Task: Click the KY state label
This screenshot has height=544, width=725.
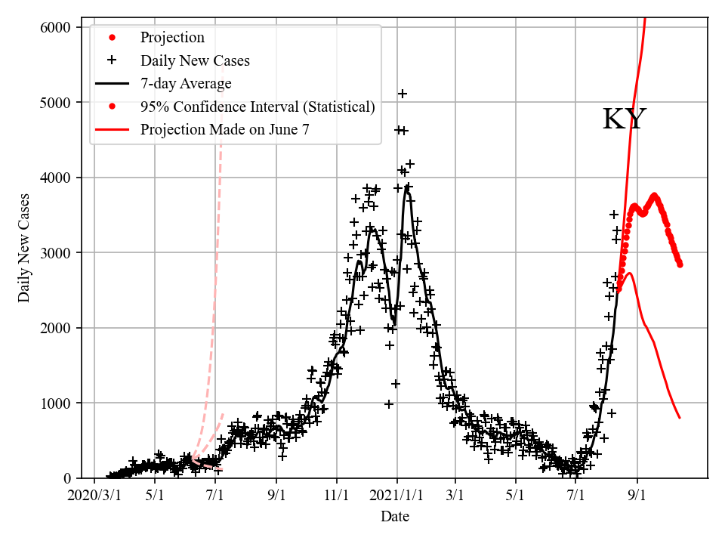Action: pyautogui.click(x=625, y=119)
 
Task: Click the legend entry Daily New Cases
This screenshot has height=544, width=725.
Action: pyautogui.click(x=195, y=60)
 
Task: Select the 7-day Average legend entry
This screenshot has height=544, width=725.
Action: pyautogui.click(x=186, y=83)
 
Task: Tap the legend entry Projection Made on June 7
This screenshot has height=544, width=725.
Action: pyautogui.click(x=224, y=129)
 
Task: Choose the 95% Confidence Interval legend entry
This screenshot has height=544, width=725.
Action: pyautogui.click(x=258, y=107)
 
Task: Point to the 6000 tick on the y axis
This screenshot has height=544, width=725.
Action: pyautogui.click(x=56, y=27)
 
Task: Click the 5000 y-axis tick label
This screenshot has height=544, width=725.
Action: pyautogui.click(x=56, y=102)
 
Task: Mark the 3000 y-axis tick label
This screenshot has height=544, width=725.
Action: pyautogui.click(x=56, y=252)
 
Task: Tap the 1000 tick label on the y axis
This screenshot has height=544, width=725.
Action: pyautogui.click(x=56, y=403)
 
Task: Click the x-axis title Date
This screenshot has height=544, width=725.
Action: pyautogui.click(x=395, y=517)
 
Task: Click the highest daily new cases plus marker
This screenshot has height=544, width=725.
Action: pyautogui.click(x=403, y=94)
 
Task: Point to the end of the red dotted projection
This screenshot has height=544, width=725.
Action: pyautogui.click(x=680, y=264)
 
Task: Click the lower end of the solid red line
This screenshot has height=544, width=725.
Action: pyautogui.click(x=680, y=417)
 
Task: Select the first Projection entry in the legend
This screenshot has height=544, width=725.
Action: pyautogui.click(x=172, y=38)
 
